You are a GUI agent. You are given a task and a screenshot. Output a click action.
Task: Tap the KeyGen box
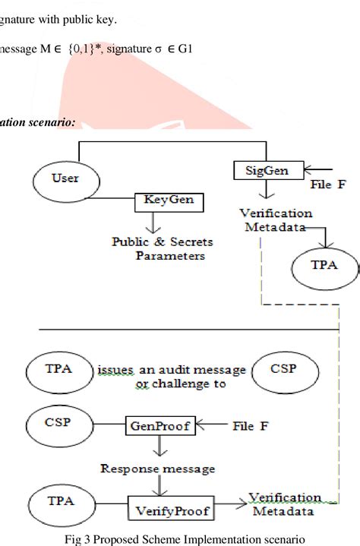163,200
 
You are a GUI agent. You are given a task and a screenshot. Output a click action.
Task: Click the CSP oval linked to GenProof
53,421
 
